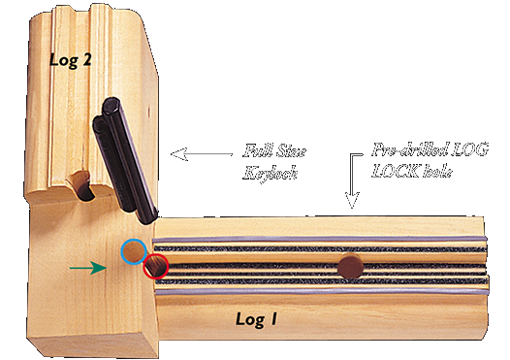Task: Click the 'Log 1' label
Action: [259, 317]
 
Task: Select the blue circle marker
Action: [134, 252]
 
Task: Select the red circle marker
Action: [155, 265]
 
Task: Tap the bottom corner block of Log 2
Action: [87, 320]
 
